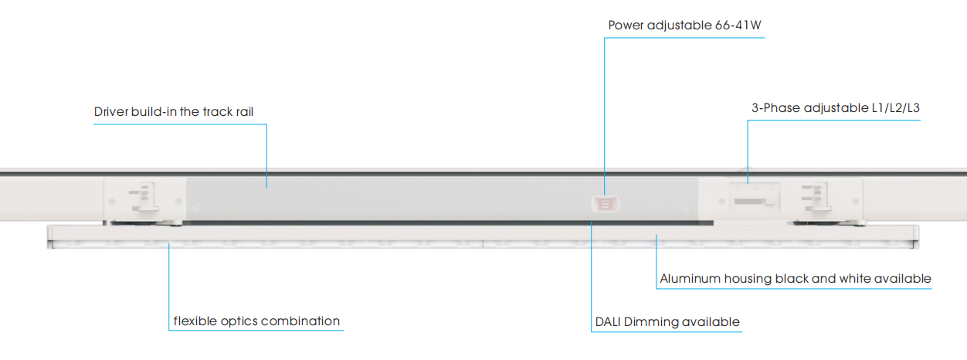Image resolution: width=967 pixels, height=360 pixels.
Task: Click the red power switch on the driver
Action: (606, 204)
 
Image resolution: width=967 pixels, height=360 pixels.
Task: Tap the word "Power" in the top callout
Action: (626, 25)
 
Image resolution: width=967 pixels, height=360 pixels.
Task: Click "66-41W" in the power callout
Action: (738, 25)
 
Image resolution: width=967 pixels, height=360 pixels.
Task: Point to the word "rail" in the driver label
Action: (245, 111)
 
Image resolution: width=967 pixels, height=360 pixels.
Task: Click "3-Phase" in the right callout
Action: (775, 107)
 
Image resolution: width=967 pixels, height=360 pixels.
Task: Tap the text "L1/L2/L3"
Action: (896, 107)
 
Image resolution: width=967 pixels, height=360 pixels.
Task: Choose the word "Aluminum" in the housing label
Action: (690, 278)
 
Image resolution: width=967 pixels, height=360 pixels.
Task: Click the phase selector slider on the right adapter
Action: (755, 201)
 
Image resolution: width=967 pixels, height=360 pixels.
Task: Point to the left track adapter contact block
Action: (144, 197)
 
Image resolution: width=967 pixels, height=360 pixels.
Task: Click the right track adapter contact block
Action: (816, 197)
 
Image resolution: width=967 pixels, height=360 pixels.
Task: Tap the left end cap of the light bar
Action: (50, 237)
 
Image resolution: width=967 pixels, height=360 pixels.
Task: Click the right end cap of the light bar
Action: (916, 237)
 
